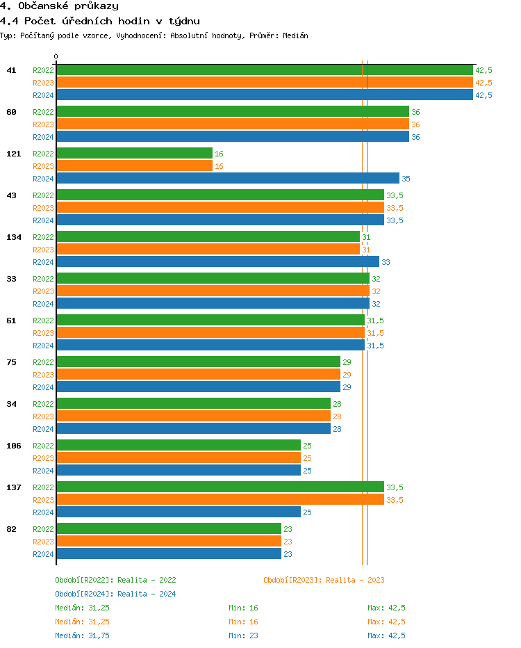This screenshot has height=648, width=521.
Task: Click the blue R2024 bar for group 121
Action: [x=228, y=179]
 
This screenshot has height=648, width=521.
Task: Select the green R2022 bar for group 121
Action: [x=134, y=154]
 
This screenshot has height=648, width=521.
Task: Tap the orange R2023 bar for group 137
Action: [x=220, y=500]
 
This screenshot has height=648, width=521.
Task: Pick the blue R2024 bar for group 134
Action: [x=217, y=262]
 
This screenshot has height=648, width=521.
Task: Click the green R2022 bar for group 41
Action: [x=264, y=70]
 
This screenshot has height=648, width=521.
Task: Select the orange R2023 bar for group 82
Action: [x=169, y=542]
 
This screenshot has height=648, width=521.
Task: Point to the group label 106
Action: [x=14, y=446]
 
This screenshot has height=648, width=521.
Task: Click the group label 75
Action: [x=11, y=362]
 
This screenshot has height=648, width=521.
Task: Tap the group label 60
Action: [x=11, y=112]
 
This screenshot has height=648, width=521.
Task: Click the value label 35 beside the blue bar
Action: [x=406, y=179]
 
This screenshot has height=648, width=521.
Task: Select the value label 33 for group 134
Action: [x=386, y=262]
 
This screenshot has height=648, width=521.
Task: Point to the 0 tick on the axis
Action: [x=56, y=56]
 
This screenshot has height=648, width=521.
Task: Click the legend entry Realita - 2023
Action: [x=324, y=580]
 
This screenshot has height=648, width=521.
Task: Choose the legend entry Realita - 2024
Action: [x=115, y=594]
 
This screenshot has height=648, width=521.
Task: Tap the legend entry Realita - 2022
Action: [x=115, y=580]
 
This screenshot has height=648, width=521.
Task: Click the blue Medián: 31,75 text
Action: [x=82, y=635]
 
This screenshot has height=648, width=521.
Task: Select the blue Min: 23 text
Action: [x=243, y=635]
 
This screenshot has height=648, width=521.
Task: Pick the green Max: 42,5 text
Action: [x=386, y=608]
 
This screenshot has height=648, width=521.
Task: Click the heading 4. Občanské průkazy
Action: [x=59, y=6]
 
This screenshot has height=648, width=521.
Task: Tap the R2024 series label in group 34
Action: [x=43, y=429]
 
